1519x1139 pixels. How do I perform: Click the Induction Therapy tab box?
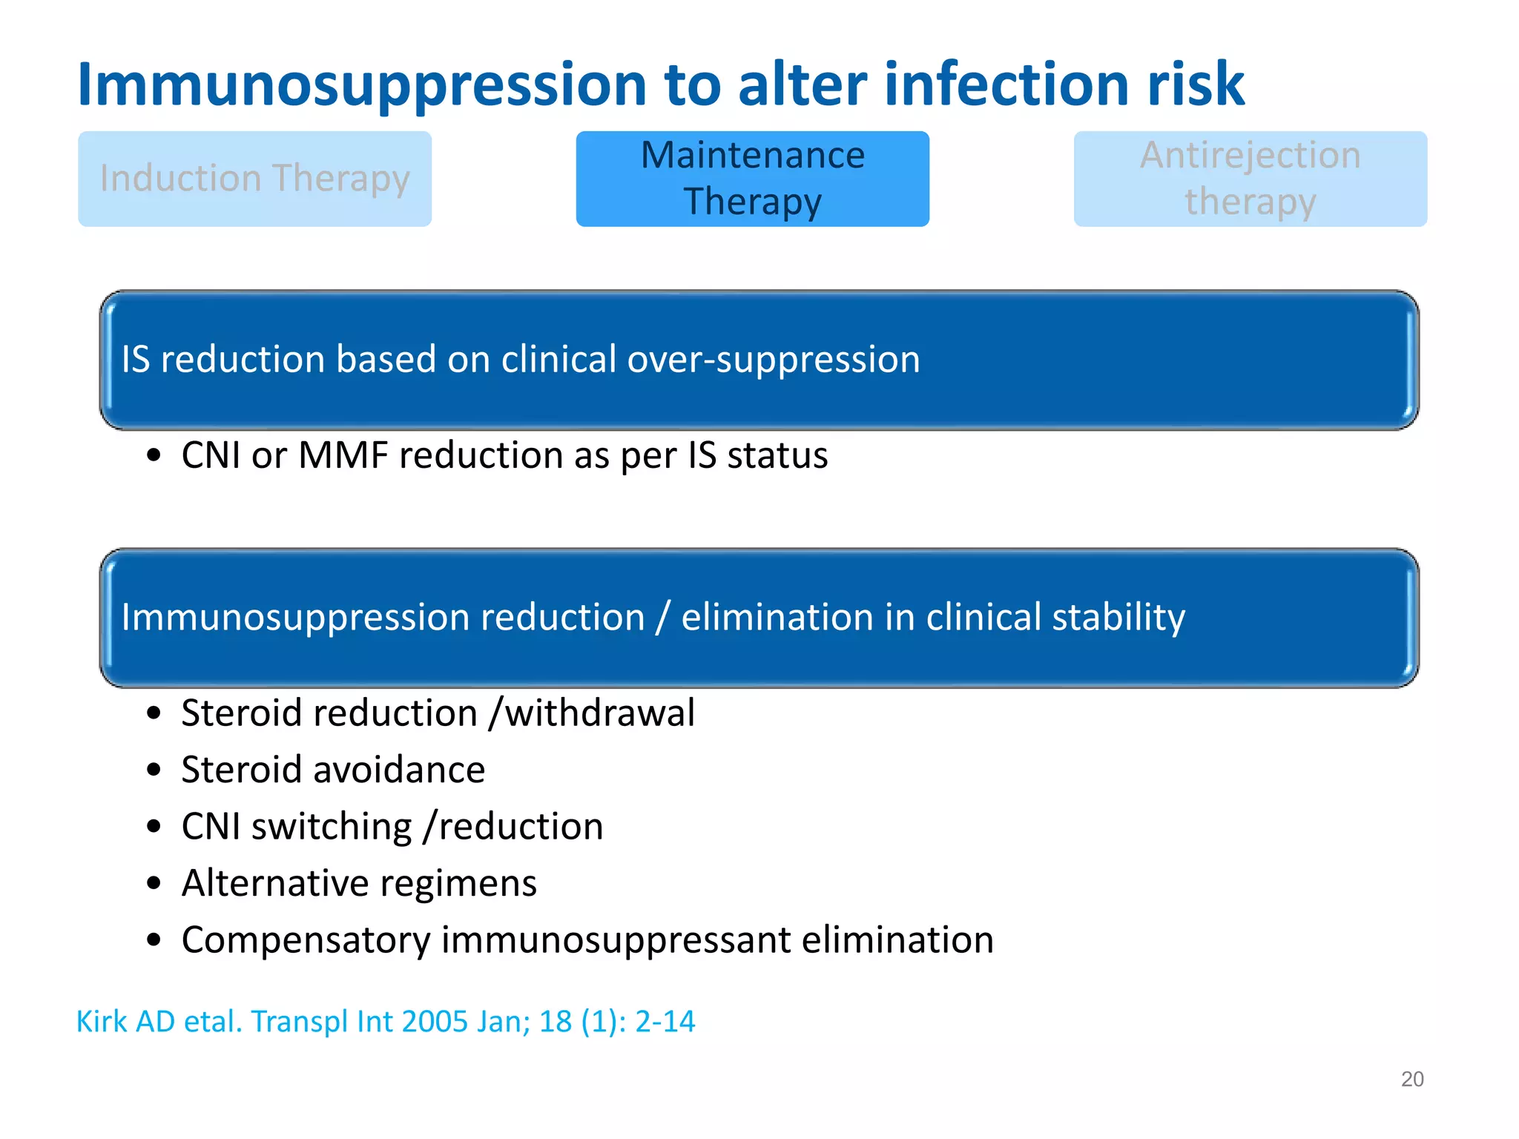pyautogui.click(x=254, y=179)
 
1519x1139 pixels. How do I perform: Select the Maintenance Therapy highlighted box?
pyautogui.click(x=752, y=179)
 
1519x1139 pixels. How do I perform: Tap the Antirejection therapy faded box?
pyautogui.click(x=1250, y=179)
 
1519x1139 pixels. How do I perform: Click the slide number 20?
pyautogui.click(x=1411, y=1079)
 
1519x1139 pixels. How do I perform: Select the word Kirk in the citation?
pyautogui.click(x=102, y=1022)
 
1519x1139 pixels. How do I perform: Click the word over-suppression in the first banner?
pyautogui.click(x=773, y=360)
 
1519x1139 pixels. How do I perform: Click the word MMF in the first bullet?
pyautogui.click(x=343, y=455)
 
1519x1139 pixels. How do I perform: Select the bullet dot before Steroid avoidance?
pyautogui.click(x=154, y=770)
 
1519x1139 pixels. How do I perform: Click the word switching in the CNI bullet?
pyautogui.click(x=332, y=827)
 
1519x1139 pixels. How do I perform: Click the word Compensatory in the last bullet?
pyautogui.click(x=306, y=940)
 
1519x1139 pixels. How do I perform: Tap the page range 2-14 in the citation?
pyautogui.click(x=665, y=1022)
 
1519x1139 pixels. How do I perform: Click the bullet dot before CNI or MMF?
pyautogui.click(x=154, y=456)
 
